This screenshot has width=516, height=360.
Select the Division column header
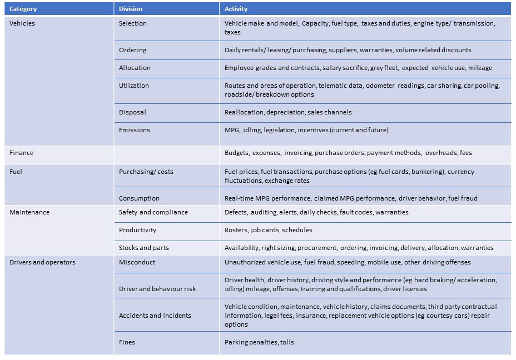131,9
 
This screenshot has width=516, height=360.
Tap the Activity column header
236,9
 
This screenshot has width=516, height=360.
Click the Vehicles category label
22,23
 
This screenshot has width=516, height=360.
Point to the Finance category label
22,152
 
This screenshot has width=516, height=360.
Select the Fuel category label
16,172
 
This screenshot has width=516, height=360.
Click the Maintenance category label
29,212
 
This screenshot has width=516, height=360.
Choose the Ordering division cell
132,50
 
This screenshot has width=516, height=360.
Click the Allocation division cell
135,68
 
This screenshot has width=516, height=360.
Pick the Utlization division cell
134,86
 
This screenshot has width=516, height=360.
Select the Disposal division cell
132,112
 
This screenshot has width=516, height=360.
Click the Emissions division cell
135,130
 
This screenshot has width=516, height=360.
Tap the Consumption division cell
139,198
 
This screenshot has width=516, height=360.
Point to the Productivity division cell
137,230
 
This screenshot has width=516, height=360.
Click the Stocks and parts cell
143,248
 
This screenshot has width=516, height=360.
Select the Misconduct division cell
137,262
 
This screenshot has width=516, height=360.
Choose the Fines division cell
127,342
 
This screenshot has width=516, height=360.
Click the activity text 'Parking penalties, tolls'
259,342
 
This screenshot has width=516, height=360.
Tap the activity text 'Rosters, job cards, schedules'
268,230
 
